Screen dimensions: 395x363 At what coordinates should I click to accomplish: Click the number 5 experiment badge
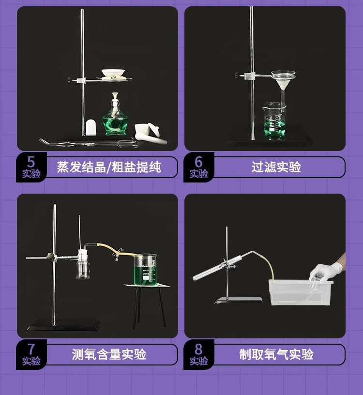point(31,167)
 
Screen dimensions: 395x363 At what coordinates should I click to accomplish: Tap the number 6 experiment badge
point(198,167)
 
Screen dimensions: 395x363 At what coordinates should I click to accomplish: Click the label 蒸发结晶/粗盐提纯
point(109,167)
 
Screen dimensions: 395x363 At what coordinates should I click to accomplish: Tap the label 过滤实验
point(276,167)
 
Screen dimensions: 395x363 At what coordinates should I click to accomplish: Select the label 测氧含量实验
point(109,354)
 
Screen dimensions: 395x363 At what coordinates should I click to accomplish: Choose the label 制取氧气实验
point(276,354)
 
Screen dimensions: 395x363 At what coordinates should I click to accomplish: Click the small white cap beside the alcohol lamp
point(91,127)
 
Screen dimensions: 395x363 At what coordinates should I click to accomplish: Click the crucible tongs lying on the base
point(87,143)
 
